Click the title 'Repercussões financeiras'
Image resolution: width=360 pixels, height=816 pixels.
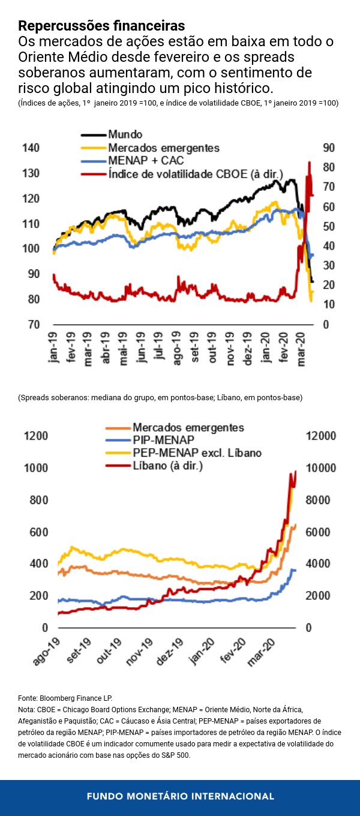point(101,26)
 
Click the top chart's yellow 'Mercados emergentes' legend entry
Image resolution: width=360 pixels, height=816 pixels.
point(164,147)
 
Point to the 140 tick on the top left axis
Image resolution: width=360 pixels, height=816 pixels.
point(31,148)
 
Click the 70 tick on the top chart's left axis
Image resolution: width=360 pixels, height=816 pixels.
point(34,325)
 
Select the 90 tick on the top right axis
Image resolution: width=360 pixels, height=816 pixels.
point(329,148)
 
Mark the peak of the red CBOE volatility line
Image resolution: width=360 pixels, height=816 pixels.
point(310,162)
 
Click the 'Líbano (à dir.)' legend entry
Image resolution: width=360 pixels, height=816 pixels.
point(167,465)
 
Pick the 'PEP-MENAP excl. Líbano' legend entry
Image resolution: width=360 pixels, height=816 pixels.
point(197,452)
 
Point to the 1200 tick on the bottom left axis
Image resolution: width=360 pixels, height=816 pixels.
point(35,436)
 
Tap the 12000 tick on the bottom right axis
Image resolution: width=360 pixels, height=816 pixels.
point(322,436)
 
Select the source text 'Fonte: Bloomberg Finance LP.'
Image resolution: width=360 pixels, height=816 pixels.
point(65,698)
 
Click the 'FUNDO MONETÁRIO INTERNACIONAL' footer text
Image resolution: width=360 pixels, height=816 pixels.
point(180,796)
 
